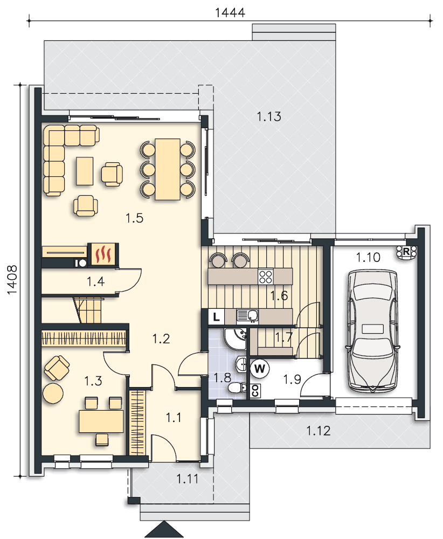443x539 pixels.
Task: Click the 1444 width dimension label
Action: point(230,12)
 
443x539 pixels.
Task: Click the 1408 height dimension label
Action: point(12,279)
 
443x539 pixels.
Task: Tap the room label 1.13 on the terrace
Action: point(269,116)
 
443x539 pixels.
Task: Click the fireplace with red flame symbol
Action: point(103,255)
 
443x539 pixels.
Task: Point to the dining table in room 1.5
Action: point(168,169)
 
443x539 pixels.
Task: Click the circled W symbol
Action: point(259,369)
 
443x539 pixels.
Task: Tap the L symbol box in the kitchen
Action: point(216,316)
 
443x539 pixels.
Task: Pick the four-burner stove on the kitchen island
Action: point(266,277)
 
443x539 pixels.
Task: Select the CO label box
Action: point(255,391)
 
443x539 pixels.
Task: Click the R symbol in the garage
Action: point(406,252)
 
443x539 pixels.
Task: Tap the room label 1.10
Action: point(368,257)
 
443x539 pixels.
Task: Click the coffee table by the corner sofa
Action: point(85,171)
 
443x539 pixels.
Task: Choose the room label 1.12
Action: point(319,430)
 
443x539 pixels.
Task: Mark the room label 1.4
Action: point(95,282)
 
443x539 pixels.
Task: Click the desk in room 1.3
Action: point(101,421)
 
